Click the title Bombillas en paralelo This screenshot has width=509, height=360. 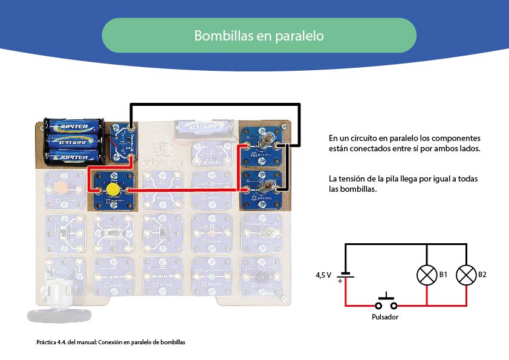pos(259,36)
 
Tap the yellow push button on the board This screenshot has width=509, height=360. pos(112,190)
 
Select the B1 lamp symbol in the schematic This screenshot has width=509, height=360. pos(427,275)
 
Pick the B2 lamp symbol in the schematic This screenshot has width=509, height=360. pos(466,275)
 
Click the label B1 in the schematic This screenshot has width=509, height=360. pos(443,275)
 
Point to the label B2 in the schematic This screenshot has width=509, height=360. pos(482,275)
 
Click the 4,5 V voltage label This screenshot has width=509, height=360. pos(323,275)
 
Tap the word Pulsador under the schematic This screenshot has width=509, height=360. pos(385,316)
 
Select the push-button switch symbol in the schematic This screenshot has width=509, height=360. pos(386,299)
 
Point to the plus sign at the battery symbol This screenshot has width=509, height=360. pos(341,281)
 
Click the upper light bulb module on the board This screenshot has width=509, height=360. pos(263,143)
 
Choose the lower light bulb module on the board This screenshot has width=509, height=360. pos(263,188)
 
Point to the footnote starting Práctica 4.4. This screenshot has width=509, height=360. pos(110,342)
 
